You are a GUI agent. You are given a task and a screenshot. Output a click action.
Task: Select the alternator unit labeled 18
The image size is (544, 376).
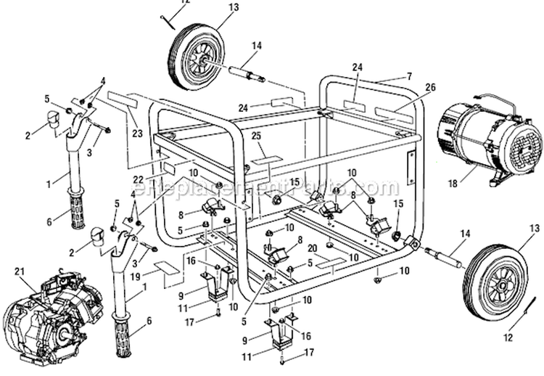click(490, 142)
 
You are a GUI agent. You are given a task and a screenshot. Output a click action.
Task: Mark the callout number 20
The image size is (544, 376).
click(311, 248)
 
